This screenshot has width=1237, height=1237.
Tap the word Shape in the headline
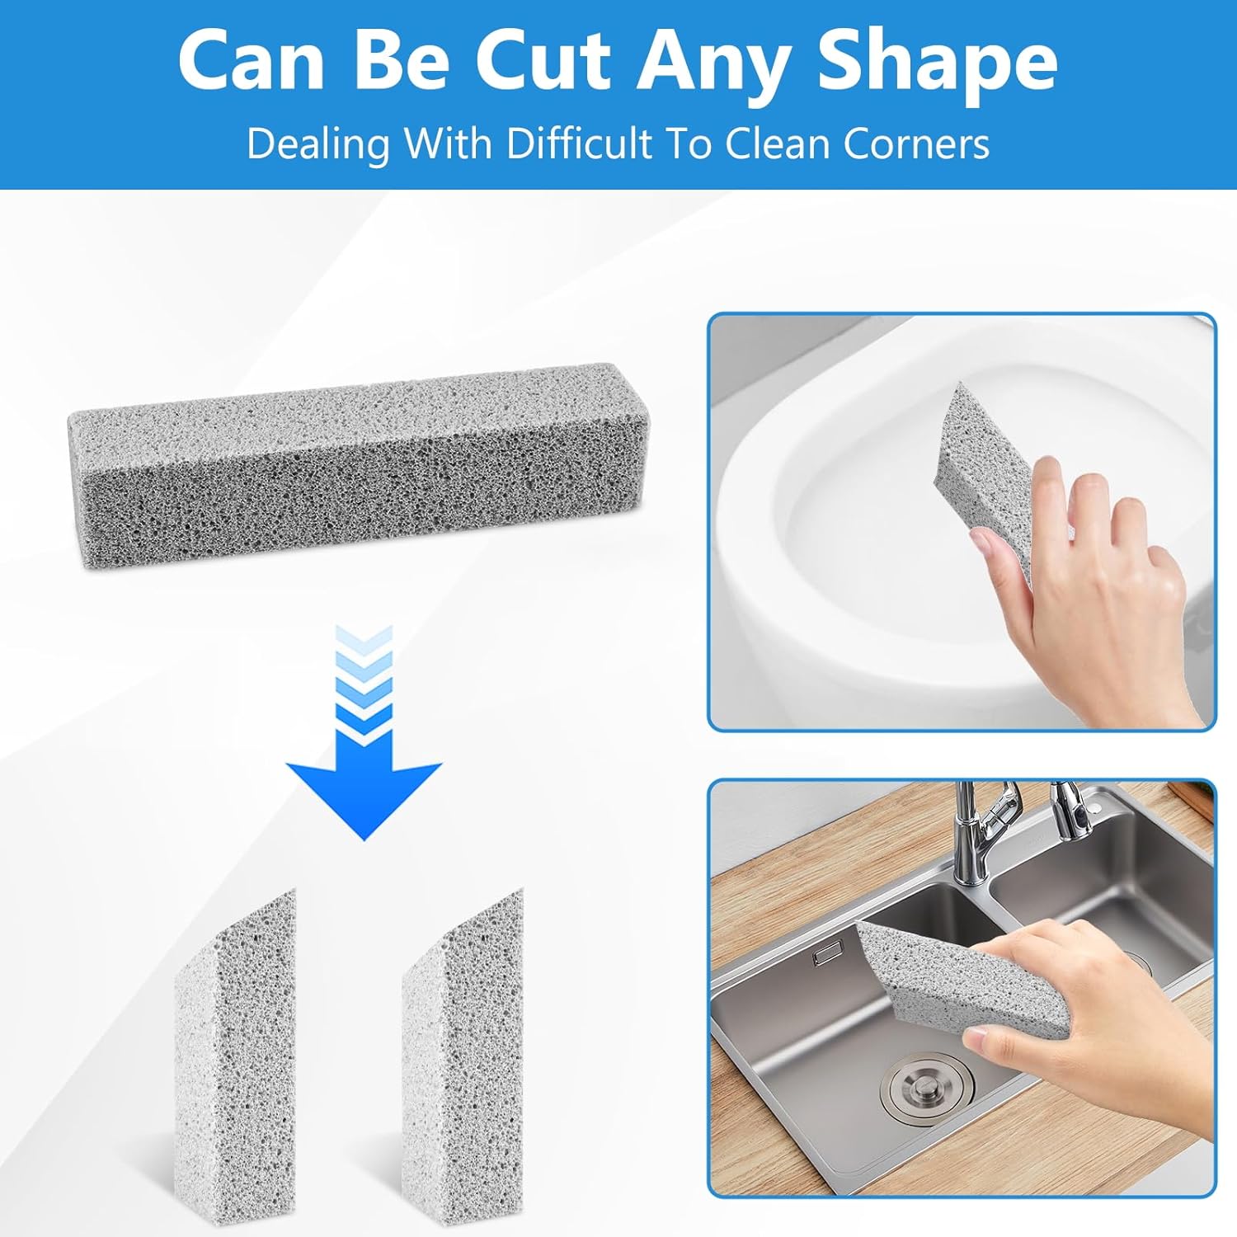938,64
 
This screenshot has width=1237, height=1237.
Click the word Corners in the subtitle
915,143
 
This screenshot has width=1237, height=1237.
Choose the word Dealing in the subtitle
317,145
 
